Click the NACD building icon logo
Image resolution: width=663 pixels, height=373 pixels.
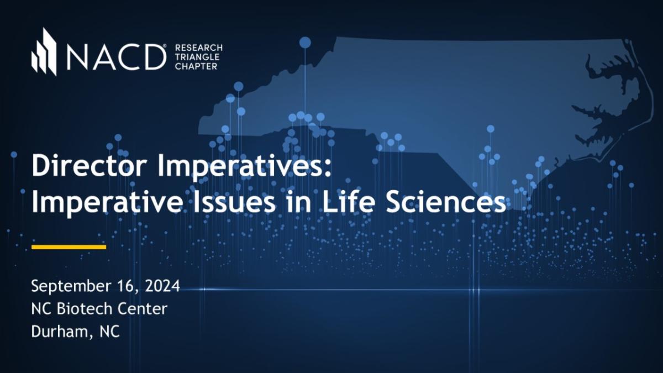click(44, 51)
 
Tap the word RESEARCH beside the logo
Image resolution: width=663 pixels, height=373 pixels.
click(198, 48)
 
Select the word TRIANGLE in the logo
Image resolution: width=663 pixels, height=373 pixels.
click(197, 57)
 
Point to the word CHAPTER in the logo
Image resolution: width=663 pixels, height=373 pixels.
click(196, 66)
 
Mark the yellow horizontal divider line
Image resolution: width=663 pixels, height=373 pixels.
click(69, 247)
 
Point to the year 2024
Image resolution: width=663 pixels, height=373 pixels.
click(162, 286)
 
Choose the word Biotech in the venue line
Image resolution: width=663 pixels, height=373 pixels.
click(84, 308)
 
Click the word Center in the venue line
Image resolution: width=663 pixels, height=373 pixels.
click(143, 309)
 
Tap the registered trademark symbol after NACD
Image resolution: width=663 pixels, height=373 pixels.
click(165, 46)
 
